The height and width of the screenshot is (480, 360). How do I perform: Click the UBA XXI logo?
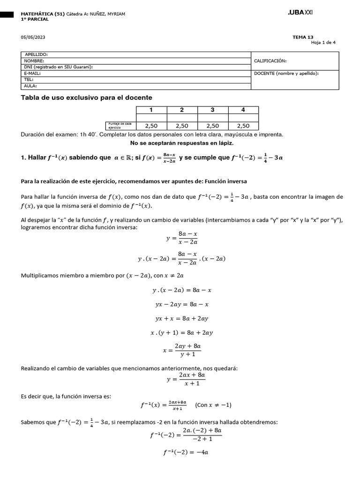pos(300,13)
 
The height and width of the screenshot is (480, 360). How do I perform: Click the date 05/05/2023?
pos(33,37)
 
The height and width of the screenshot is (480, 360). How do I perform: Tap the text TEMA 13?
pos(302,37)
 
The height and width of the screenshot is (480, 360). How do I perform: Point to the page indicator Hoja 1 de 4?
pos(323,42)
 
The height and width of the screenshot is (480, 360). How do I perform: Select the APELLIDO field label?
pos(36,54)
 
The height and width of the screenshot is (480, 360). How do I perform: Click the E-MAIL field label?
pos(32,73)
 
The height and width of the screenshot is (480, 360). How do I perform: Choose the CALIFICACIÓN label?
pos(270,60)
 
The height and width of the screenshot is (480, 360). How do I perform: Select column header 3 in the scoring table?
pos(212,110)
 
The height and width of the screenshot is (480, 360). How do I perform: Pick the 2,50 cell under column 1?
pos(151,126)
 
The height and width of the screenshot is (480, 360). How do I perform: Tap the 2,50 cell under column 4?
pos(243,126)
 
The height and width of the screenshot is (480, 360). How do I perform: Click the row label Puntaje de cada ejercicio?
pos(120,125)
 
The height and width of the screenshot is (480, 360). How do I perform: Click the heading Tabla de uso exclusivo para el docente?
pos(87,97)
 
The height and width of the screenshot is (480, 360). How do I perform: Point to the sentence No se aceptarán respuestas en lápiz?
pos(181,143)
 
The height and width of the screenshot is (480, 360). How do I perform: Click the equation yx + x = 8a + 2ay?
pos(181,318)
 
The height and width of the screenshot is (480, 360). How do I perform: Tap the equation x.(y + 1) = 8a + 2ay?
pos(181,332)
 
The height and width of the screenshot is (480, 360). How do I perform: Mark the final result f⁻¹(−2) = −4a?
pos(186,452)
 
